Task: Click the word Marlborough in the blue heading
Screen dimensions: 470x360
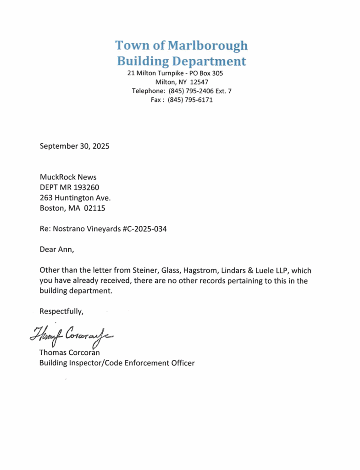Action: pyautogui.click(x=208, y=45)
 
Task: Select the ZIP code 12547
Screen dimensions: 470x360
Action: pyautogui.click(x=199, y=82)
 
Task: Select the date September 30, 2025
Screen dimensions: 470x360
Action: pyautogui.click(x=75, y=146)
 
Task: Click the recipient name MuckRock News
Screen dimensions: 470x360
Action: pyautogui.click(x=68, y=177)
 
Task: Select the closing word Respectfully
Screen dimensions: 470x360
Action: pyautogui.click(x=61, y=311)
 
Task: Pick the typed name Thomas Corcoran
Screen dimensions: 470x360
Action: pyautogui.click(x=70, y=352)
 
